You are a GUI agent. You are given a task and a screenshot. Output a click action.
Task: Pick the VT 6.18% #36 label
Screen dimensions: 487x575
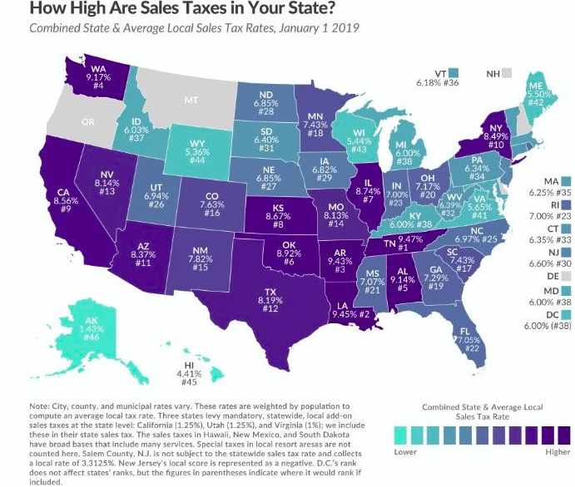(432, 78)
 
